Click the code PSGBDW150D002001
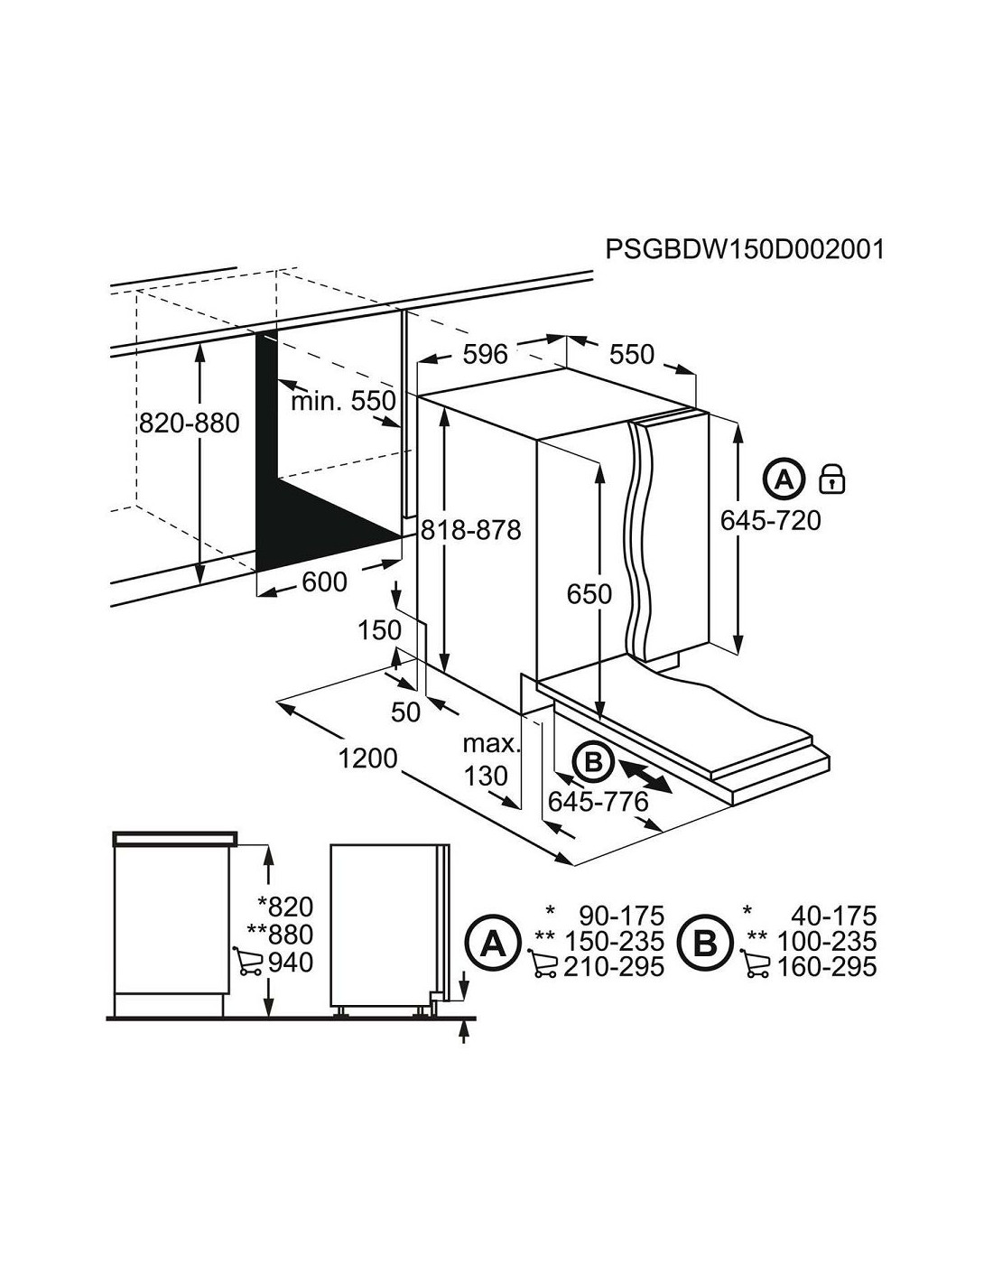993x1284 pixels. coord(745,249)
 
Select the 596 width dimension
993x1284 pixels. coord(485,354)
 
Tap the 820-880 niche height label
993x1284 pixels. coord(189,423)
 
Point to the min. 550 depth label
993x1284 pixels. coord(343,401)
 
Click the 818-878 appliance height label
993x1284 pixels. coord(471,530)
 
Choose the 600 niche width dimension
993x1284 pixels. coord(324,582)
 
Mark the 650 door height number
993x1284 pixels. coord(589,594)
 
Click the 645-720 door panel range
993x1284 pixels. coord(771,521)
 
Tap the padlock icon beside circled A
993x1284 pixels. coord(831,479)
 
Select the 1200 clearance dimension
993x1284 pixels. coord(368,758)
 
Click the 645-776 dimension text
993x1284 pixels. coord(599,802)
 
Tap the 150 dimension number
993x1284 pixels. coord(380,630)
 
